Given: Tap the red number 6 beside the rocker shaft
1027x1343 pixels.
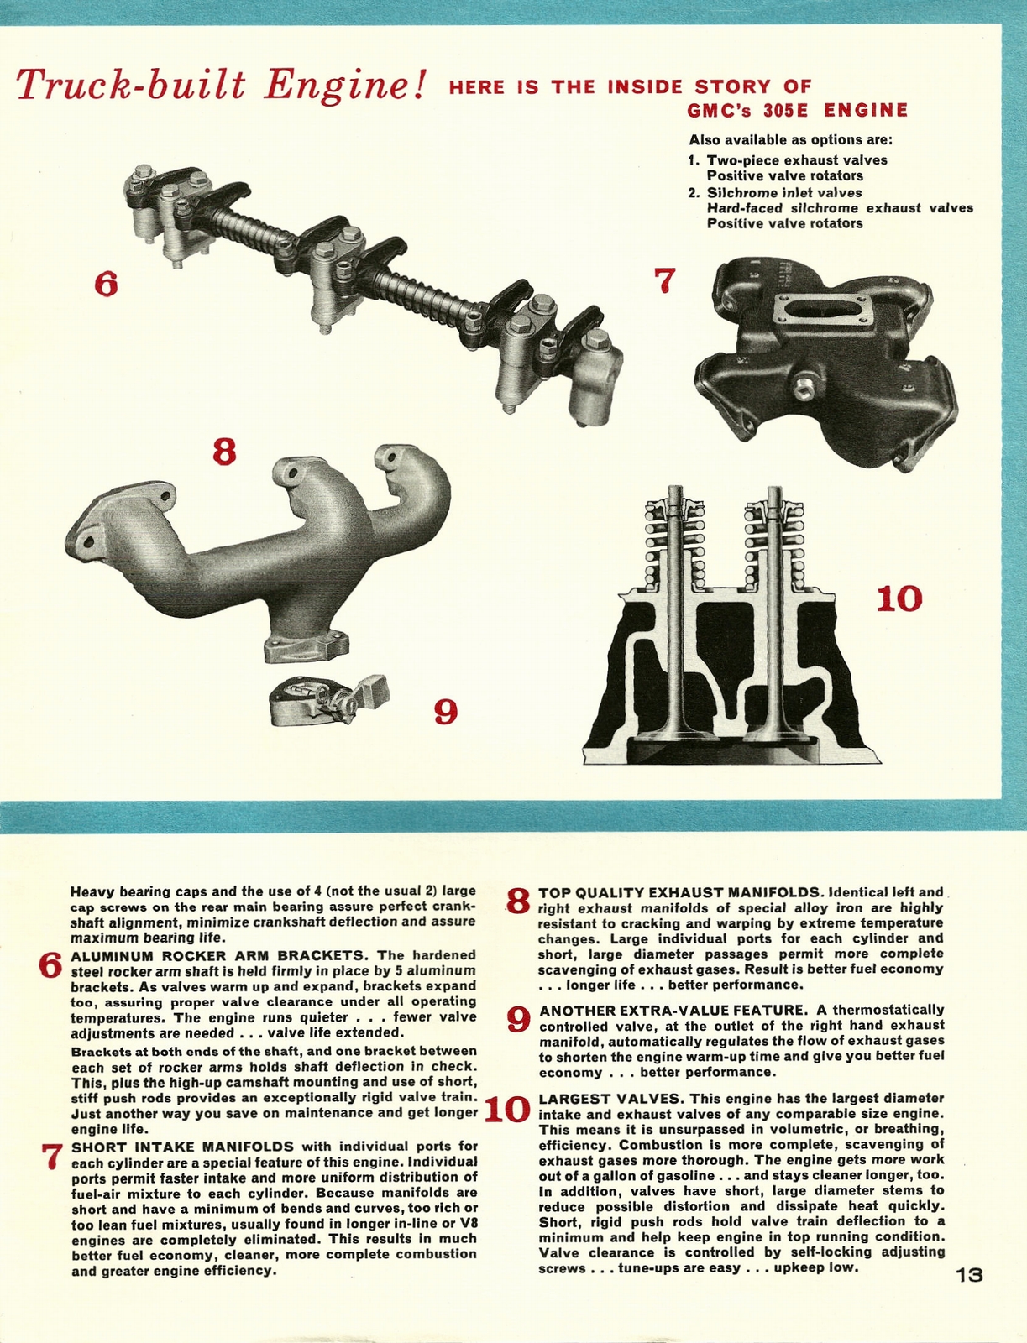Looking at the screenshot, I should [106, 285].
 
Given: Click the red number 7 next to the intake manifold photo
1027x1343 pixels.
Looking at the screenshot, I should [664, 280].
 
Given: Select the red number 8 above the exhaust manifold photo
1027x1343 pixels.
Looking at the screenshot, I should [224, 452].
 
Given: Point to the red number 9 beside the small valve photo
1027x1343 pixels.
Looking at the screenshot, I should [445, 713].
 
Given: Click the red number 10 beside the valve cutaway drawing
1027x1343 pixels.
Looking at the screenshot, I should [899, 599].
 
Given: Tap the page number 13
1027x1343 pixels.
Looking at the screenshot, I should [968, 1275].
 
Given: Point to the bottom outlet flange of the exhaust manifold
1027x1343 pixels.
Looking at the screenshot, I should [304, 646].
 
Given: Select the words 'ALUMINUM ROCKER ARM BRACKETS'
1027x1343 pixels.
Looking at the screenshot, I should [219, 955].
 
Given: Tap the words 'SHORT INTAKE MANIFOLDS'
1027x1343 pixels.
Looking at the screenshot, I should [182, 1147].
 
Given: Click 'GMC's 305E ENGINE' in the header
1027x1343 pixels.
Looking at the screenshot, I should [797, 111].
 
